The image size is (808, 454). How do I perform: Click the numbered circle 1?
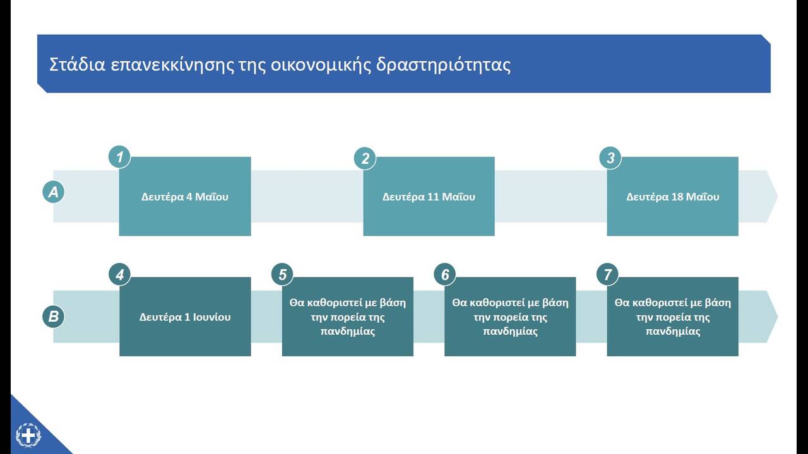tap(119, 157)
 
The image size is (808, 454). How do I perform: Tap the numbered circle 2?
tap(365, 158)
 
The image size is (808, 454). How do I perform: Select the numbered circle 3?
tap(610, 158)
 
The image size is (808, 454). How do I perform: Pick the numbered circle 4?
tap(120, 274)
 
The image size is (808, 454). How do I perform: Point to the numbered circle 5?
tap(282, 274)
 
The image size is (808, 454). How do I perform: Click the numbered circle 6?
tap(445, 274)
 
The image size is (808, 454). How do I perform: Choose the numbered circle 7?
tap(607, 274)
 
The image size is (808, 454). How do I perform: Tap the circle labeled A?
tap(54, 192)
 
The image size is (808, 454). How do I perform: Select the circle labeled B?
tap(54, 317)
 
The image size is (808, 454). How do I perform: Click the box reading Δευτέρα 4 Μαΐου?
tap(185, 196)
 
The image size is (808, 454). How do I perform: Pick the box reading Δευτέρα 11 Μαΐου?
tap(429, 196)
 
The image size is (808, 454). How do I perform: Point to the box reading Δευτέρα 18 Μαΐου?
tap(673, 196)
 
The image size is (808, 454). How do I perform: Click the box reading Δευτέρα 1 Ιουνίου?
tap(185, 317)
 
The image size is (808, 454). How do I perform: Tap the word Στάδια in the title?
tap(77, 65)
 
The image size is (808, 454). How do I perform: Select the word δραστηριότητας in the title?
tap(443, 66)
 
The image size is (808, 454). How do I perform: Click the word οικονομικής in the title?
tap(321, 66)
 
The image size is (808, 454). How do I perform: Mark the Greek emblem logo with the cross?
tap(28, 436)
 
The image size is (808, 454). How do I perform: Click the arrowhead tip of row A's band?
tap(777, 196)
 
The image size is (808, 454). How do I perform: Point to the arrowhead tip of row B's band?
tap(777, 317)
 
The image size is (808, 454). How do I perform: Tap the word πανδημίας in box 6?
tap(511, 331)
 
